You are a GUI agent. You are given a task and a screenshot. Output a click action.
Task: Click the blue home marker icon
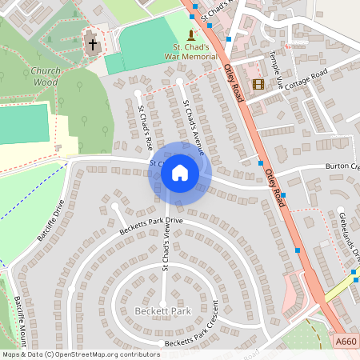click(x=180, y=172)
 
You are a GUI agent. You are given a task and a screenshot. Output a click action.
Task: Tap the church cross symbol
click(x=93, y=44)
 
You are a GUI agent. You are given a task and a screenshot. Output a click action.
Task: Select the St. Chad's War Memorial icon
click(x=190, y=35)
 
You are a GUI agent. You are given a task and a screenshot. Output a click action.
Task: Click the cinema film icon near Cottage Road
click(x=258, y=83)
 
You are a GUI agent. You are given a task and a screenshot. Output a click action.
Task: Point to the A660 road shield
click(x=346, y=342)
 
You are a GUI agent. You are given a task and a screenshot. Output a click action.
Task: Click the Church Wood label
click(x=46, y=76)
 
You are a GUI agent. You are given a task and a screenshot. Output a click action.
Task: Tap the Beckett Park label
click(x=163, y=310)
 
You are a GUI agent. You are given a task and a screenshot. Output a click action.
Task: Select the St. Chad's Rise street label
click(x=145, y=129)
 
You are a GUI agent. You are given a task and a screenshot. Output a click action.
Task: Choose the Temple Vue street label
click(x=276, y=73)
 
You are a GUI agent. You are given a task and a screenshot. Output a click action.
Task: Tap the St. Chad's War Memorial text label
click(x=190, y=52)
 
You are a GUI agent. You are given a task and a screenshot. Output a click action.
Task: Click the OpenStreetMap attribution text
click(x=81, y=354)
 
